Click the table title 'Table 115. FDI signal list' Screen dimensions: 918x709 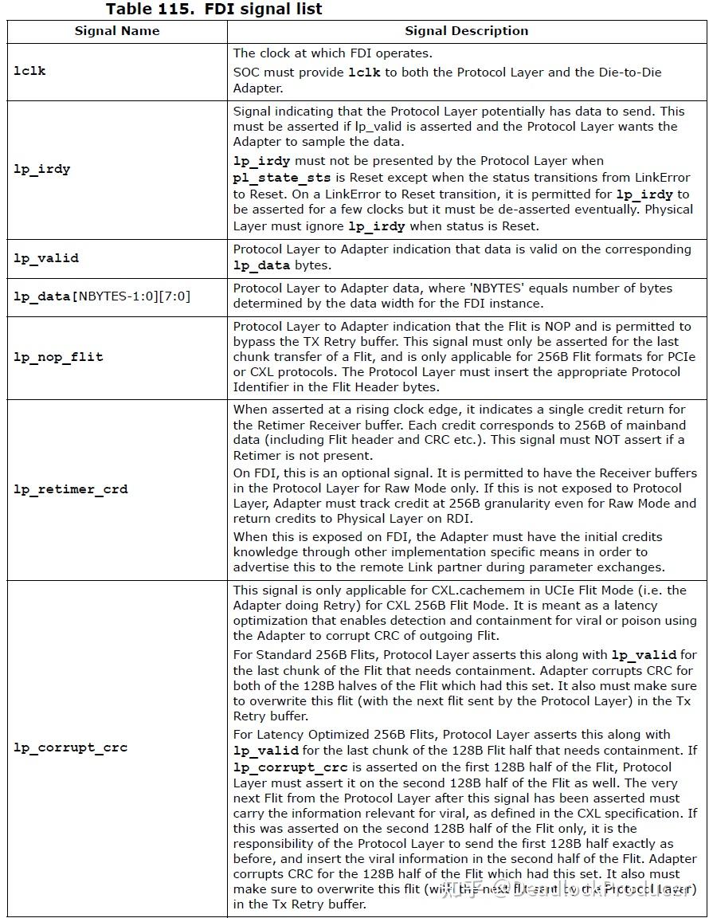213,10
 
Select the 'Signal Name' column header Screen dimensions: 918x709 117,31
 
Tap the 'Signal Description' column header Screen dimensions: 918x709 466,31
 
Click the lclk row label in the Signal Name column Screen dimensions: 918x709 29,71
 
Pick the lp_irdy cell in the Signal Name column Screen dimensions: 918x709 41,169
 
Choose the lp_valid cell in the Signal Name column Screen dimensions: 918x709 45,258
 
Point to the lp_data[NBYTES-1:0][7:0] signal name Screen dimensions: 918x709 102,296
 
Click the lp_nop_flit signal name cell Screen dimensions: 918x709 58,357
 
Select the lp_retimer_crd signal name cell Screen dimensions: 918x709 70,489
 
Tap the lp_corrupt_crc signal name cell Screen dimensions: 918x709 70,747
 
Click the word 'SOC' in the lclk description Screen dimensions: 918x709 247,73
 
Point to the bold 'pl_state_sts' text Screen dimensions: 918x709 276,178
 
